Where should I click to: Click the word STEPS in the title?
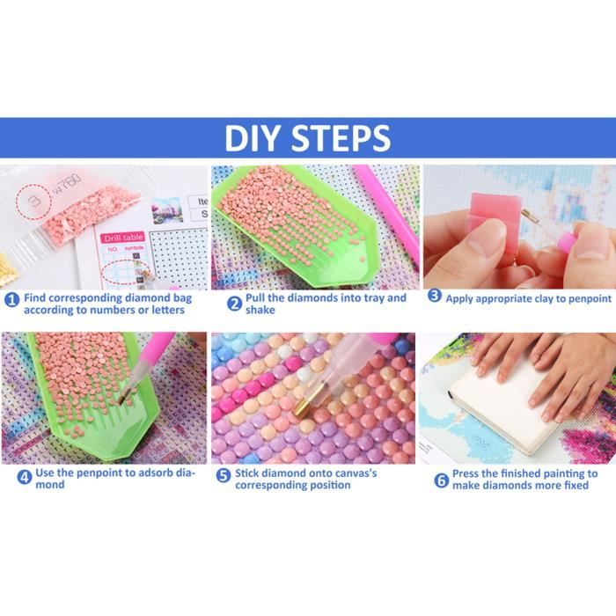coord(341,138)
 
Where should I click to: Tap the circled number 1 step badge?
coord(12,300)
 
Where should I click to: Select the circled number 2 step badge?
coord(235,304)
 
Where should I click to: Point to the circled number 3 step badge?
coord(435,296)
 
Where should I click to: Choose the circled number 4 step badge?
coord(25,478)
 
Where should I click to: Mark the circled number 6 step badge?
coord(441,480)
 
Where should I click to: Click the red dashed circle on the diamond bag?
coord(33,202)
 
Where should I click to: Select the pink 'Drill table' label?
coord(124,238)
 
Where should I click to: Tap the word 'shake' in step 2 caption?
coord(260,310)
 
